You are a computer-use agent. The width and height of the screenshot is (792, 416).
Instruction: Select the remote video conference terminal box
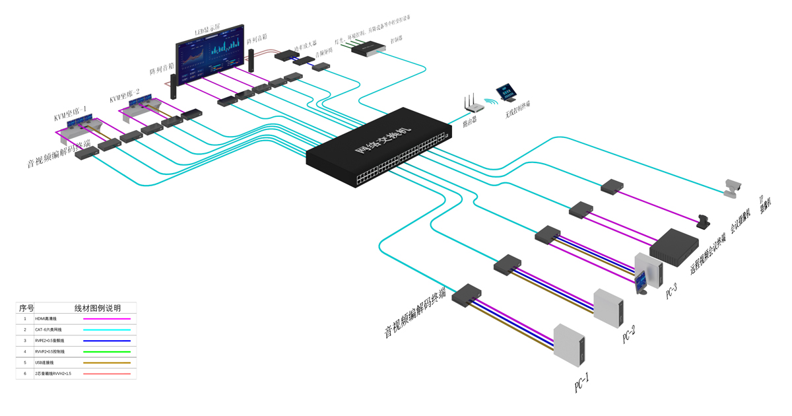click(x=674, y=244)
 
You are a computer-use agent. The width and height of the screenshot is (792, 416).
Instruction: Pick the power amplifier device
click(x=286, y=55)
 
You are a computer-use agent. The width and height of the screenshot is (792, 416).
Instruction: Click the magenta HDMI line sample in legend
click(x=106, y=319)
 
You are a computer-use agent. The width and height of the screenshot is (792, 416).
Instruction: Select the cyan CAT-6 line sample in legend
click(x=106, y=329)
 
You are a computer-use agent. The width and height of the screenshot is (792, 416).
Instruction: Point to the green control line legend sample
click(x=106, y=352)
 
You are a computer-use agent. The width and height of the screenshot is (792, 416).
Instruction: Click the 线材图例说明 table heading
click(x=98, y=308)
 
